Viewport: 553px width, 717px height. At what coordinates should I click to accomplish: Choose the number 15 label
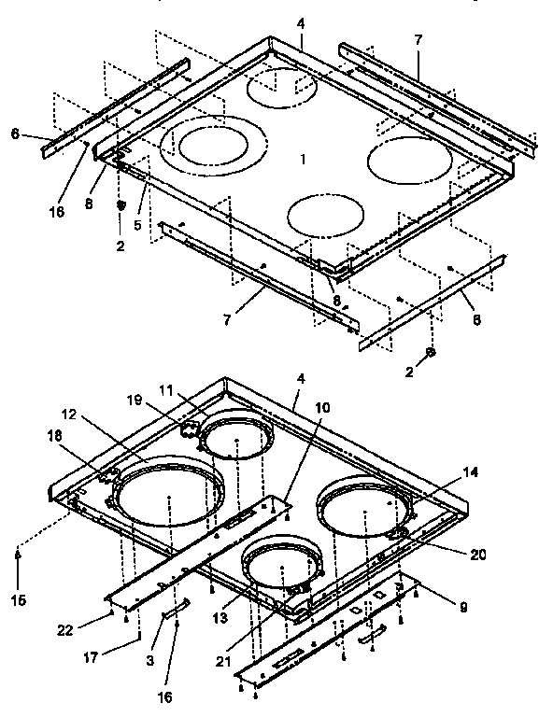click(19, 597)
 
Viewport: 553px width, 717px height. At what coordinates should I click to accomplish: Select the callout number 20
click(477, 554)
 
